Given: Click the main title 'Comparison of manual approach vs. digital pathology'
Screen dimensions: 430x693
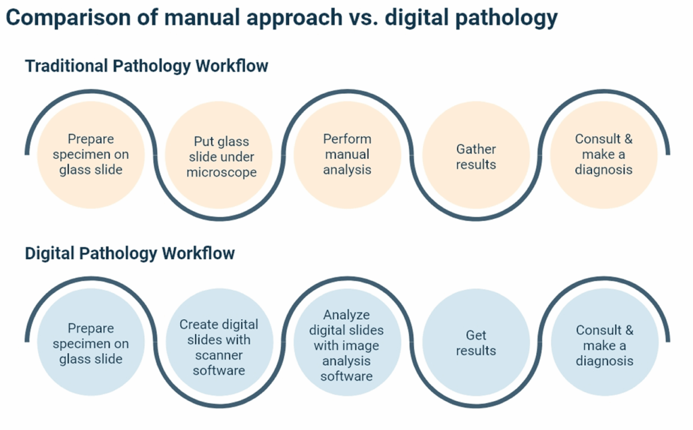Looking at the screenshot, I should click(282, 18).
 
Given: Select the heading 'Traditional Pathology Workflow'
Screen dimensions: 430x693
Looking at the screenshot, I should click(147, 66).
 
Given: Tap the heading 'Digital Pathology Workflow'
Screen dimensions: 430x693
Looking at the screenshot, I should click(130, 254).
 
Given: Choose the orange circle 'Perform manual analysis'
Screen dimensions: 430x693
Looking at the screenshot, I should click(347, 154).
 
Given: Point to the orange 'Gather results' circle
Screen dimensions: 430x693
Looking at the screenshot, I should click(476, 157).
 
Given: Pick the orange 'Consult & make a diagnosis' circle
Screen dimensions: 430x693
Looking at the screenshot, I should click(604, 154).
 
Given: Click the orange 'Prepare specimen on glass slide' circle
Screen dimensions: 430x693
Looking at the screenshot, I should click(91, 154).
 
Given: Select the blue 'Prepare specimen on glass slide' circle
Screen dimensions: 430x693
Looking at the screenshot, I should click(91, 343).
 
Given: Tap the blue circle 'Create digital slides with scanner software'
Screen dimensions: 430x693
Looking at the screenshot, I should click(219, 347).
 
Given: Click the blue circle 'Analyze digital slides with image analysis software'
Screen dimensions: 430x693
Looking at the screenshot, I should click(346, 345).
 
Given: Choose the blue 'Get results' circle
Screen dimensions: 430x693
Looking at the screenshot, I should click(476, 343).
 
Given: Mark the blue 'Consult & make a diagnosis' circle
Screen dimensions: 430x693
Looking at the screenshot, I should click(604, 345).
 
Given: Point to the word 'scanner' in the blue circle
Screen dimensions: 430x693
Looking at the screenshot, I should click(219, 355).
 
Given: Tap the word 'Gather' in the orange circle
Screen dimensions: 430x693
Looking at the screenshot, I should click(476, 149).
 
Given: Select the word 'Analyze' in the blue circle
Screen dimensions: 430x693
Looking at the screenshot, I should click(346, 315).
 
